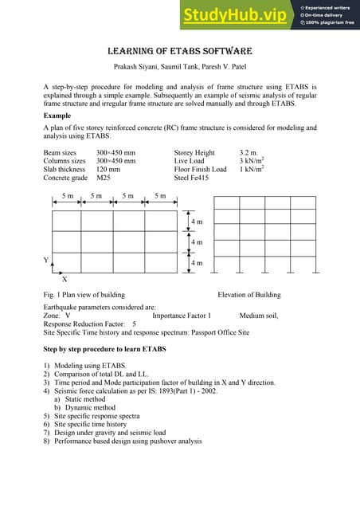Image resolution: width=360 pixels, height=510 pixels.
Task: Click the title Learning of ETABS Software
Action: (180, 49)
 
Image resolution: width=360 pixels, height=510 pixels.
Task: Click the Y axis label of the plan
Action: (45, 261)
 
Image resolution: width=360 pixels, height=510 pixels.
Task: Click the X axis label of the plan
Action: (65, 279)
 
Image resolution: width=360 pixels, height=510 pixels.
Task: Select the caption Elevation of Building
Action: (248, 295)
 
